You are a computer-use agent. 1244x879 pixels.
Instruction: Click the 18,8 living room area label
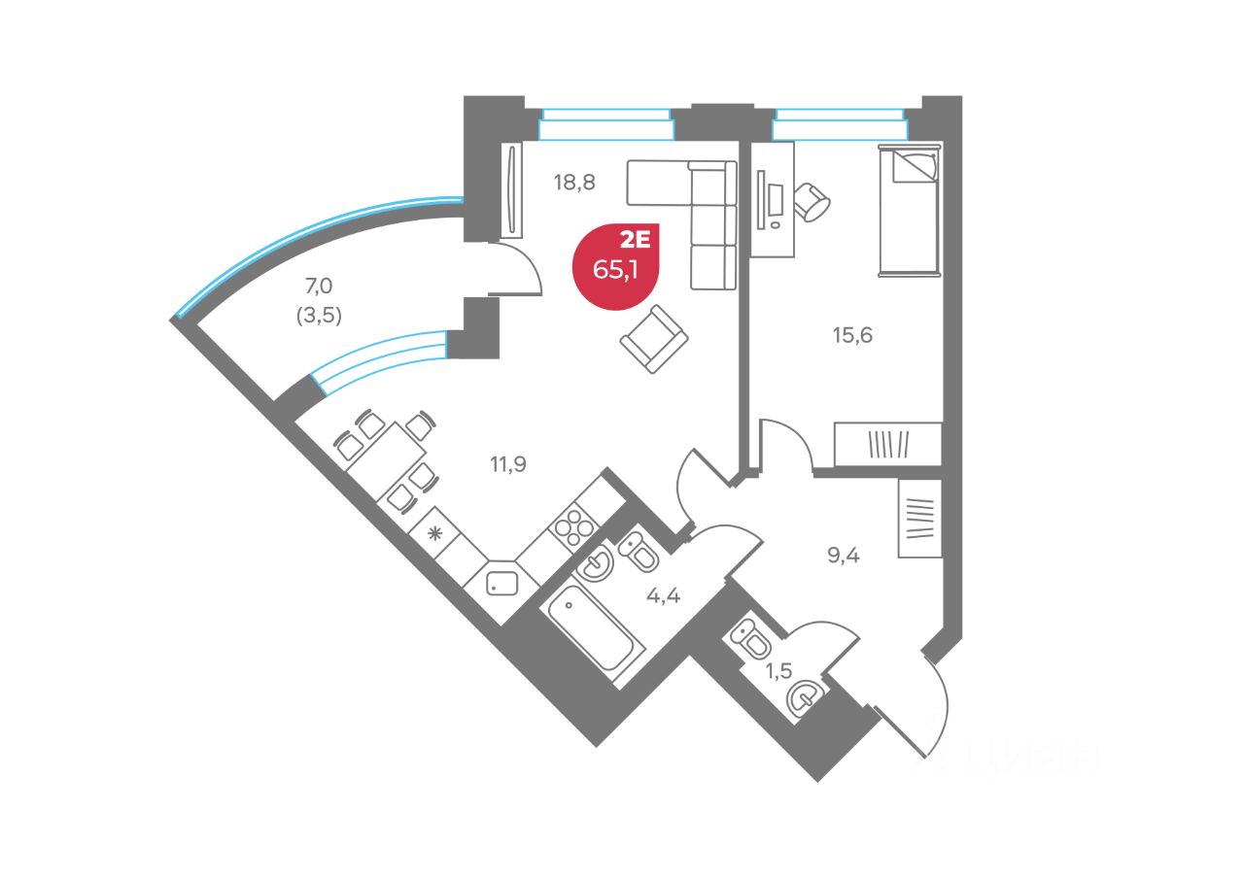coord(574,181)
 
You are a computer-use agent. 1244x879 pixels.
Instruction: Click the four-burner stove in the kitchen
coord(573,530)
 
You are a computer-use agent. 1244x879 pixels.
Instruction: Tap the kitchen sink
coord(503,583)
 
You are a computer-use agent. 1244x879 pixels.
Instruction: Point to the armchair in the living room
coord(654,338)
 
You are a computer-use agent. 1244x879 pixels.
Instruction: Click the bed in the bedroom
coord(910,210)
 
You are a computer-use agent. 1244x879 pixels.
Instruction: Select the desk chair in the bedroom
coord(812,202)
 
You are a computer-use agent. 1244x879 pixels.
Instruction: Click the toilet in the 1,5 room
coord(753,639)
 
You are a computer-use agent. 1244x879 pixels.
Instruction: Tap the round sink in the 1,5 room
coord(804,697)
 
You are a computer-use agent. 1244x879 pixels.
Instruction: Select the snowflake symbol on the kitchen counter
coord(435,532)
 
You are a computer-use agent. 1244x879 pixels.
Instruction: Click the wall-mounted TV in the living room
coord(512,190)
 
